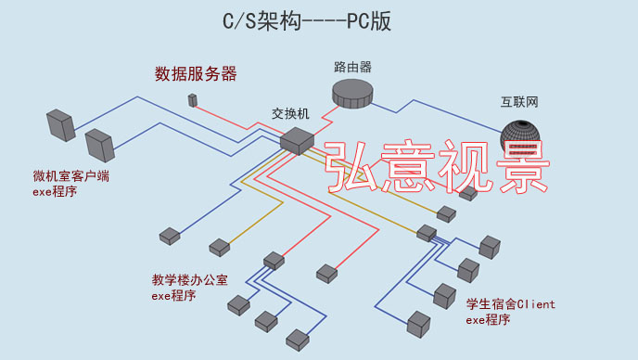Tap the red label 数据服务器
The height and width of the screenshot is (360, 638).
point(196,73)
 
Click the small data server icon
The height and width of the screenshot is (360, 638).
point(193,100)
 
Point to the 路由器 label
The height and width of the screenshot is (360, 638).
point(352,68)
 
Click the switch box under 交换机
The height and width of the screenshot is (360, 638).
point(297,140)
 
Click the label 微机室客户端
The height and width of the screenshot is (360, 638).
point(70,175)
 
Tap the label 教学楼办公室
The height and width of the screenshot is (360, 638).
point(189,280)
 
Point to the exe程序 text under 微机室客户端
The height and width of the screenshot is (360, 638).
point(56,191)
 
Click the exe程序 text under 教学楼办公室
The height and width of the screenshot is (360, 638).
point(173,296)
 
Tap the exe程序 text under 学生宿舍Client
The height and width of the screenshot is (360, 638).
point(488,320)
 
